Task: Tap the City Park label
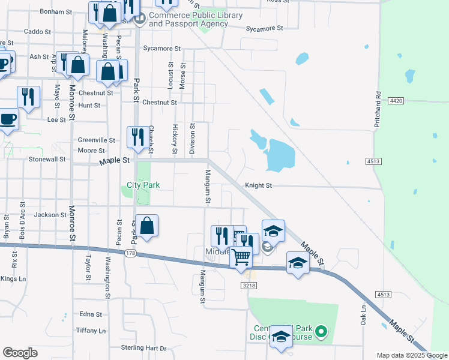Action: [143, 185]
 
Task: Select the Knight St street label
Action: [258, 186]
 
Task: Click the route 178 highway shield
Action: [130, 254]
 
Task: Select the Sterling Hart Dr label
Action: [143, 348]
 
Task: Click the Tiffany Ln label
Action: [91, 331]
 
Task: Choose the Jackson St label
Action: [50, 214]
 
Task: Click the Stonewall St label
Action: [47, 160]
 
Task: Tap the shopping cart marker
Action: [241, 256]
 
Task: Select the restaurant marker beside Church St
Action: [137, 137]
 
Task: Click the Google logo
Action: [20, 353]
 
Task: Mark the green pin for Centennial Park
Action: [321, 331]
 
